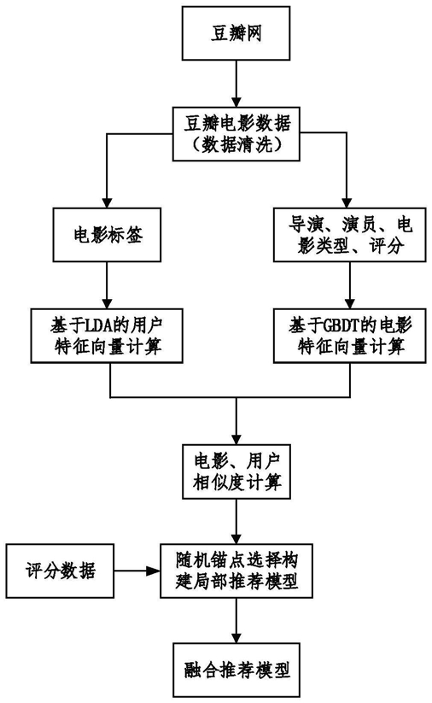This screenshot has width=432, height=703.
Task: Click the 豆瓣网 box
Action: click(236, 33)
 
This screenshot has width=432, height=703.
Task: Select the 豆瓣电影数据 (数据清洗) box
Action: click(236, 133)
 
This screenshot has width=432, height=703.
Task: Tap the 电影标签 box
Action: click(107, 235)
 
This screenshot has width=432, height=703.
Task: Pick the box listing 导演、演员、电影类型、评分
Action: click(349, 235)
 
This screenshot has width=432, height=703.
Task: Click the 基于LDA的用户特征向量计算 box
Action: click(107, 336)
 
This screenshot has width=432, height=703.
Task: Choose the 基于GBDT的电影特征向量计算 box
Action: click(349, 336)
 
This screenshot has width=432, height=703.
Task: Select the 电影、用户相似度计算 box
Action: click(236, 472)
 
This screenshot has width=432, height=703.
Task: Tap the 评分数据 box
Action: click(60, 571)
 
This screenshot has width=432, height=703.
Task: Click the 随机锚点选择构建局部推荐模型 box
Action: click(236, 571)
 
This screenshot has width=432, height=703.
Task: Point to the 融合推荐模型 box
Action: click(236, 670)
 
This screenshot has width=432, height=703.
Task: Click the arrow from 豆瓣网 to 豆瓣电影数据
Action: click(236, 84)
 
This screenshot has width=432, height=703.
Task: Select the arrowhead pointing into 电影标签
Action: click(107, 202)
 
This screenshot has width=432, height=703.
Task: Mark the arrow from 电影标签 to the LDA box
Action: click(107, 285)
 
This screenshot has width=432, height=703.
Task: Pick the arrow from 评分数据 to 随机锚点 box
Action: click(137, 571)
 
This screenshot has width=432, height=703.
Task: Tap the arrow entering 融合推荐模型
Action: click(236, 620)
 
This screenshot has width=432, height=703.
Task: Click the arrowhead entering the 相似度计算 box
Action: click(236, 439)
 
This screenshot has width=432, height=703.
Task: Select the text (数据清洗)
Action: click(236, 144)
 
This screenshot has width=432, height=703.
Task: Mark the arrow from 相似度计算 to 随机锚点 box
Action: click(236, 521)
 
